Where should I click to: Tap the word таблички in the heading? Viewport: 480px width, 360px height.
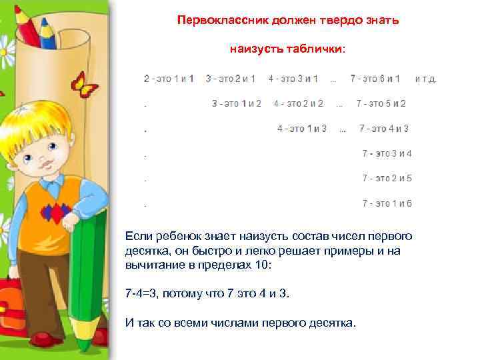pyautogui.click(x=317, y=49)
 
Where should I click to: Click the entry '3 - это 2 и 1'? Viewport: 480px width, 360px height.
pyautogui.click(x=231, y=79)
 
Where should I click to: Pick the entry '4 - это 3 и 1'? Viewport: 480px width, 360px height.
pyautogui.click(x=293, y=79)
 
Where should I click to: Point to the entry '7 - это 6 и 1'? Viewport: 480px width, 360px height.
pyautogui.click(x=375, y=79)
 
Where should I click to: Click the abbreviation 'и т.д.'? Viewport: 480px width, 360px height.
pyautogui.click(x=426, y=79)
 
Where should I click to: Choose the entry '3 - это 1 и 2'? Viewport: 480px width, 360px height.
pyautogui.click(x=237, y=103)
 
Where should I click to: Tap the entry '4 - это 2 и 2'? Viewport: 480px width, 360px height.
pyautogui.click(x=299, y=103)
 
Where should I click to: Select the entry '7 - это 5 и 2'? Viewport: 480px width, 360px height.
pyautogui.click(x=381, y=103)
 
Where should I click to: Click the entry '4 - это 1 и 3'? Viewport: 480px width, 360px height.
pyautogui.click(x=302, y=129)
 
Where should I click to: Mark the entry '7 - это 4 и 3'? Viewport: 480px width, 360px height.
pyautogui.click(x=384, y=129)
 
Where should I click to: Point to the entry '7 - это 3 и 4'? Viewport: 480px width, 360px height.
pyautogui.click(x=387, y=153)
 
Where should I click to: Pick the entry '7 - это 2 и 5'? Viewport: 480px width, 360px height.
pyautogui.click(x=387, y=178)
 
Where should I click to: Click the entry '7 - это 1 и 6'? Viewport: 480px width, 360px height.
pyautogui.click(x=387, y=203)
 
